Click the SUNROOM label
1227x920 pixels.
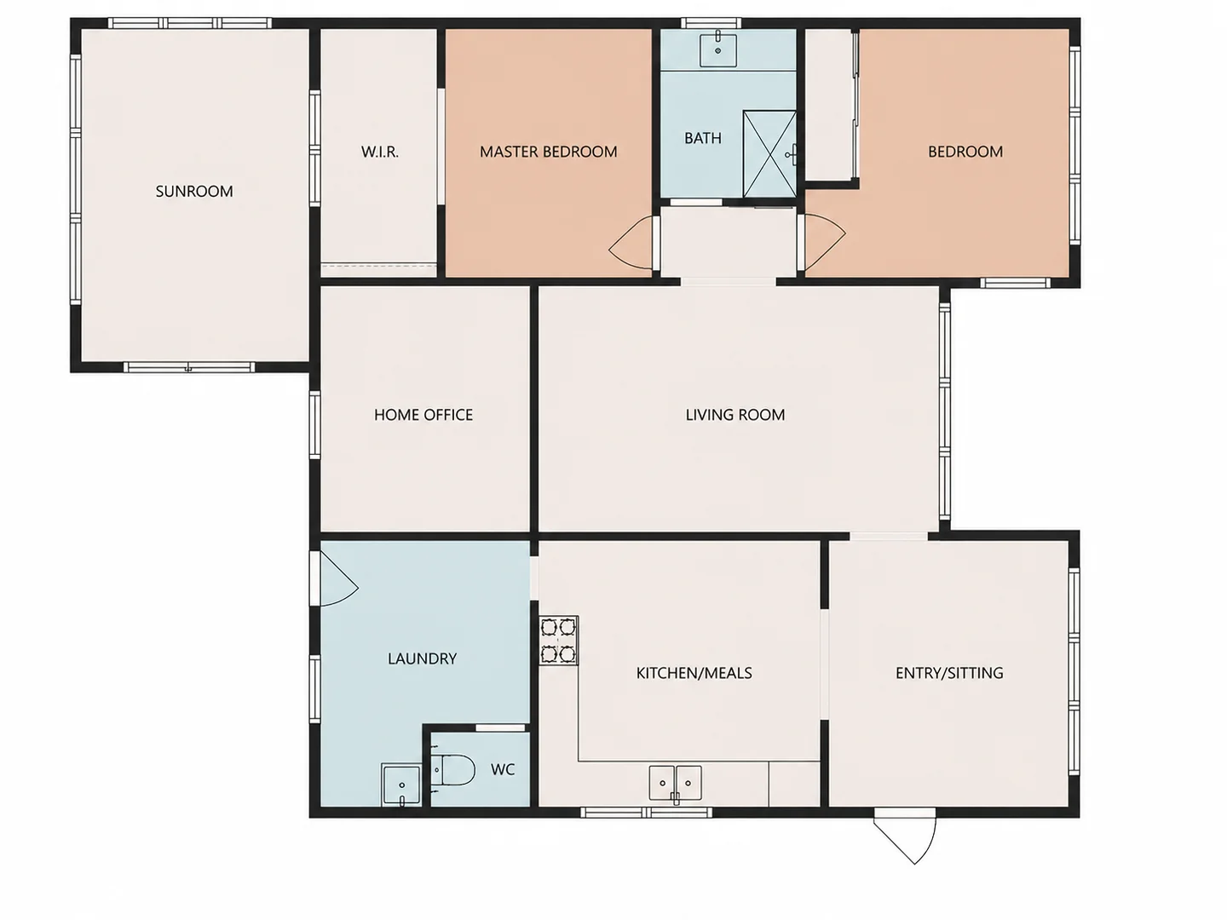pos(194,192)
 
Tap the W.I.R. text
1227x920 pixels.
pos(380,152)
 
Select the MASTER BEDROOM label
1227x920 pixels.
pos(549,152)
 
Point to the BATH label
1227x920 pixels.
pos(703,138)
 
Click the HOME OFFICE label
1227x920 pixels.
pos(423,415)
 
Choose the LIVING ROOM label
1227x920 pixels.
pos(735,415)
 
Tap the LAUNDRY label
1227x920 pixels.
pos(422,658)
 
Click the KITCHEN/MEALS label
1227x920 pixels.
pos(694,673)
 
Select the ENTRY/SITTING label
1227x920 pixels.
pos(949,673)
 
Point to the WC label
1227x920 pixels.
pos(503,770)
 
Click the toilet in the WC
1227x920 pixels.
pos(452,770)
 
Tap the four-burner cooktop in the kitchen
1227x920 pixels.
pos(558,640)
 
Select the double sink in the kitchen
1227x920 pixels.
pos(675,785)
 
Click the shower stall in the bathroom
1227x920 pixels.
pos(769,154)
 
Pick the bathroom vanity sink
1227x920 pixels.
pos(717,50)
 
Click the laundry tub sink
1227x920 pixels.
pos(400,785)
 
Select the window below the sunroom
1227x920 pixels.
pos(189,367)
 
